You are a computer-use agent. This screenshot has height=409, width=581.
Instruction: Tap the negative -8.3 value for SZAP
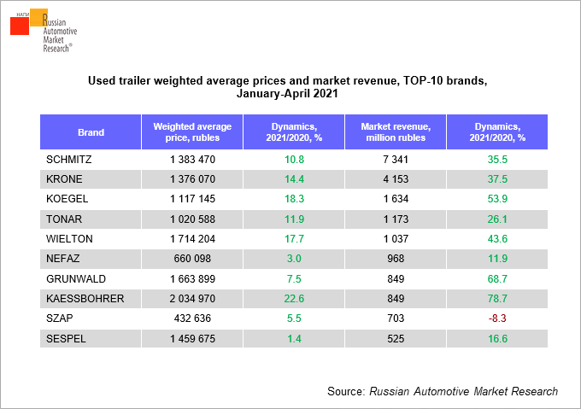pyautogui.click(x=497, y=318)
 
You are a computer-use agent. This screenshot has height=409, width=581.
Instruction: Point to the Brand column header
pyautogui.click(x=91, y=132)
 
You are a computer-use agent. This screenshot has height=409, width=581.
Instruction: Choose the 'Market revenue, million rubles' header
pyautogui.click(x=396, y=132)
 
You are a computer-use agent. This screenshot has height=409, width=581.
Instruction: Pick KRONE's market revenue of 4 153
pyautogui.click(x=396, y=179)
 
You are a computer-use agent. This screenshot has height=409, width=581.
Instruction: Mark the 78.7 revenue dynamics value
pyautogui.click(x=497, y=298)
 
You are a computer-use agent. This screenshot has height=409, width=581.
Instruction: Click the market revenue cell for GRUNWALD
pyautogui.click(x=396, y=278)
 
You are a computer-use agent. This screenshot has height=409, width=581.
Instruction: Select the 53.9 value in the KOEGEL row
pyautogui.click(x=497, y=199)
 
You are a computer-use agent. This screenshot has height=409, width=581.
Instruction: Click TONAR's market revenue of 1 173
pyautogui.click(x=396, y=219)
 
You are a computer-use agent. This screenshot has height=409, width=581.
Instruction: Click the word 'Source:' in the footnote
pyautogui.click(x=346, y=391)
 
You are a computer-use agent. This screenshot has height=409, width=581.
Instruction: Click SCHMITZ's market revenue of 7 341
pyautogui.click(x=396, y=160)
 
